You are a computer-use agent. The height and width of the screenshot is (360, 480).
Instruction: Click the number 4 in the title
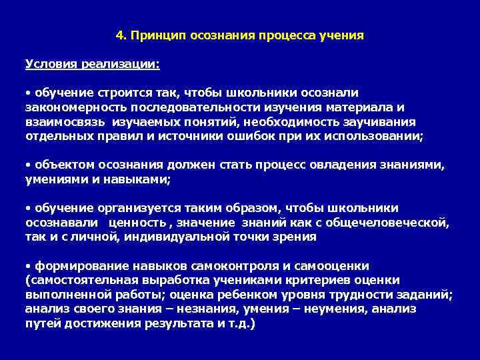pos(119,35)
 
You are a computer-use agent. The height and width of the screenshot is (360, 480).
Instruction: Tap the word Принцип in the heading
pos(151,35)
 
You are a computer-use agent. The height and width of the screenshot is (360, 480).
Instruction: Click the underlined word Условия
pos(50,64)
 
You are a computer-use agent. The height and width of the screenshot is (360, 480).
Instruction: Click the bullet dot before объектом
pos(27,164)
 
